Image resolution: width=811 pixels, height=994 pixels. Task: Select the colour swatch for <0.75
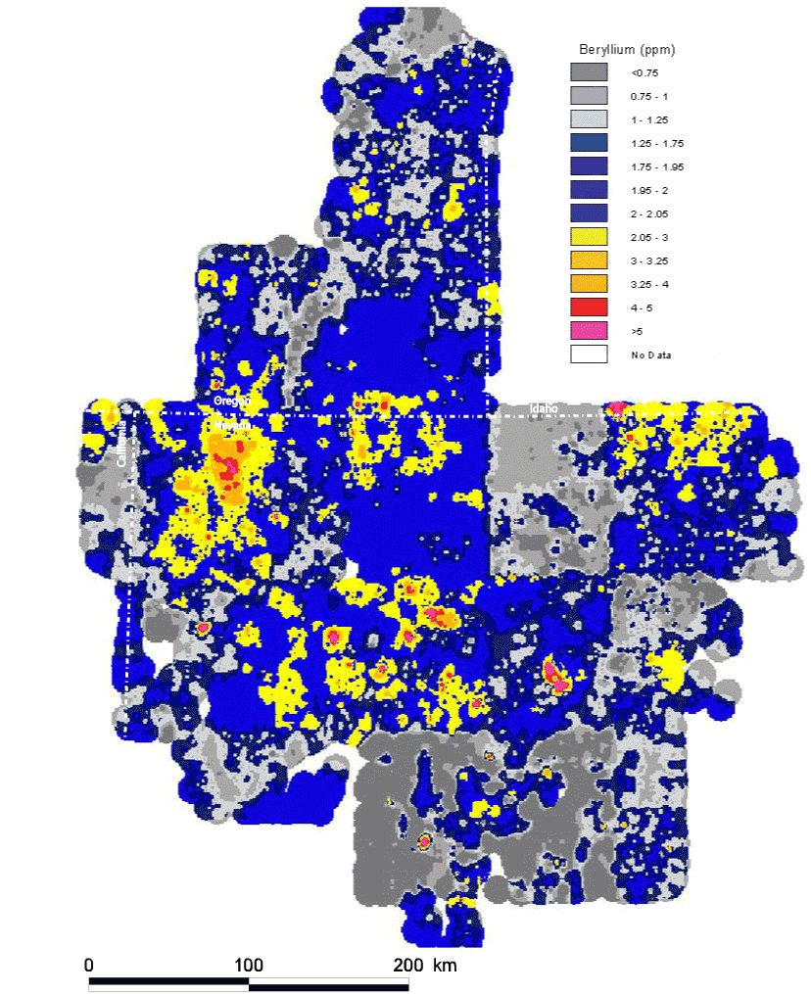(589, 72)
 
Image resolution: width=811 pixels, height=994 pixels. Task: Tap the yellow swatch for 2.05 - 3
(589, 237)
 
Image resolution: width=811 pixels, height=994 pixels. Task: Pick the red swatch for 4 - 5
(589, 308)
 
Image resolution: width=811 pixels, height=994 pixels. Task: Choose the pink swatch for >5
(589, 331)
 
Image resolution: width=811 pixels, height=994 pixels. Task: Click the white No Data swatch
(589, 355)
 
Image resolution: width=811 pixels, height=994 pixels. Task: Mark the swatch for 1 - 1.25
(589, 119)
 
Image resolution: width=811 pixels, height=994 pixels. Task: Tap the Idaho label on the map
(544, 407)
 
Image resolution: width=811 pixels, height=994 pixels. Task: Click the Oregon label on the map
(233, 402)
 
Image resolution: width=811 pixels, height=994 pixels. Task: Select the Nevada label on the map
(233, 427)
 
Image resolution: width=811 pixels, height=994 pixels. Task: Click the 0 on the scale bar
(89, 964)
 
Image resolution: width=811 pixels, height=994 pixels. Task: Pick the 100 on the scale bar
(248, 964)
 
